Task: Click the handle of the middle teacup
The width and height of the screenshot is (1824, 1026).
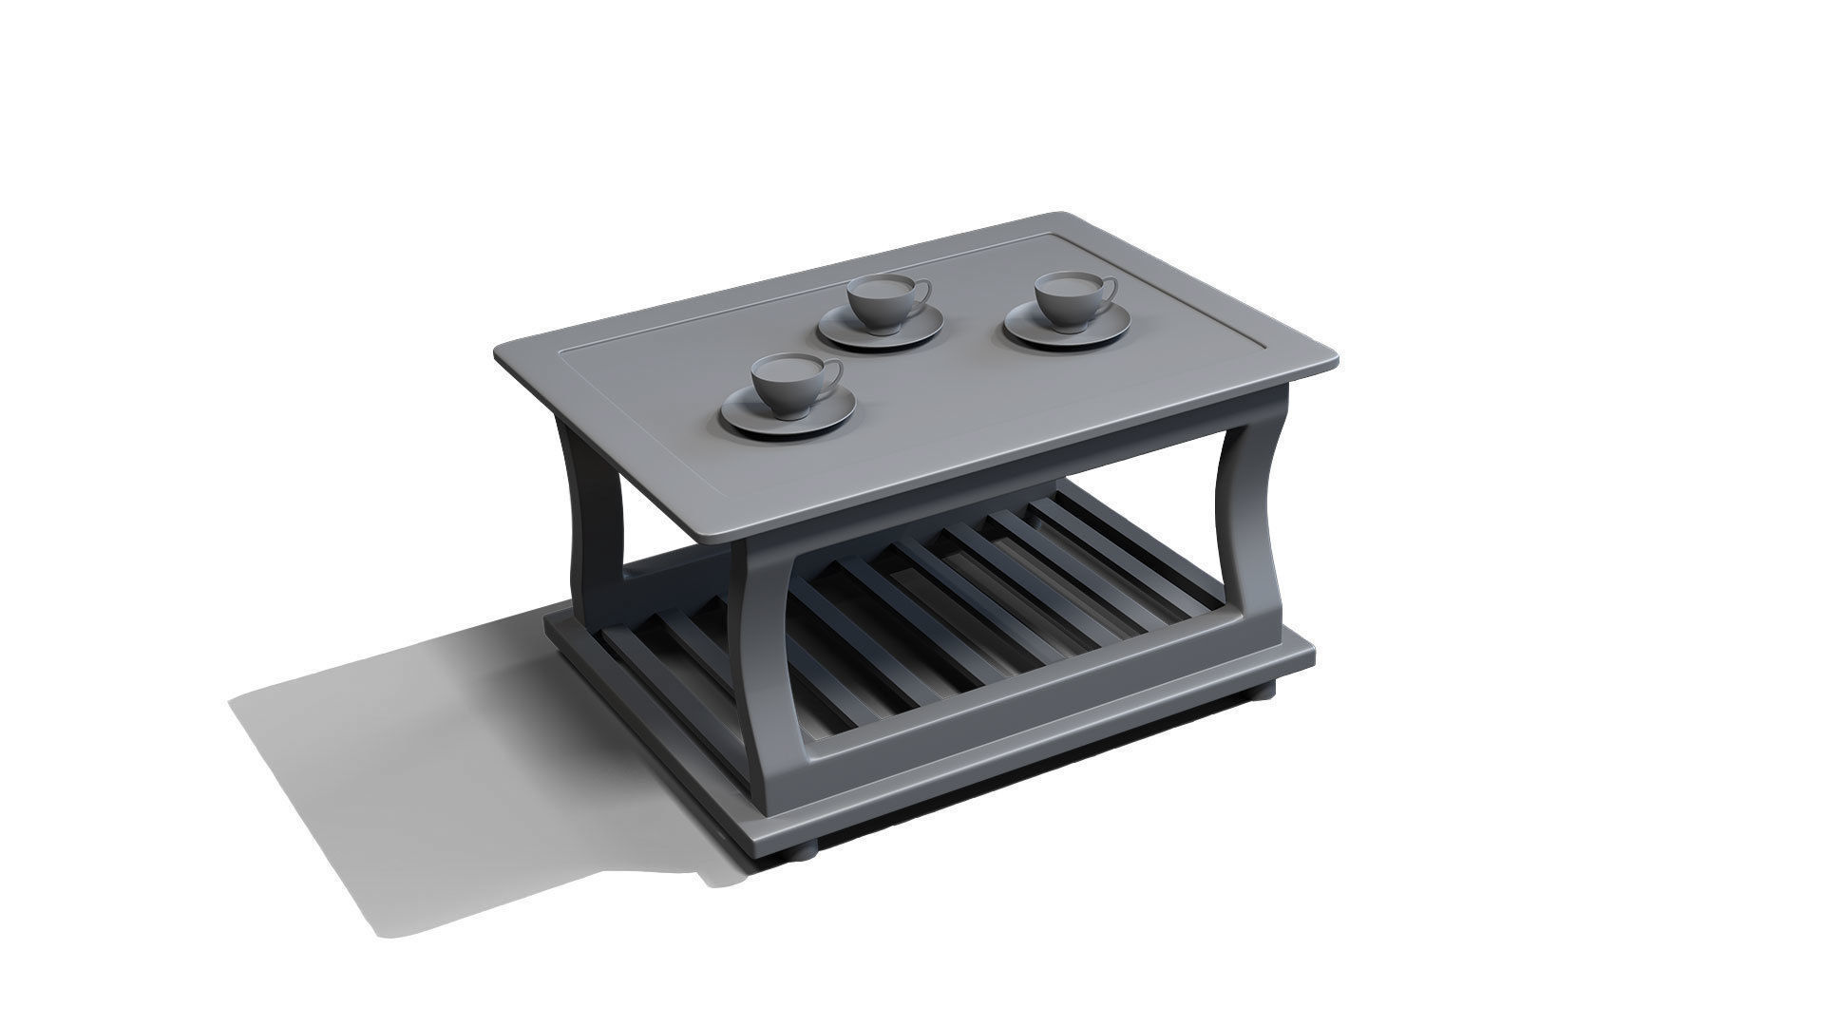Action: click(x=921, y=291)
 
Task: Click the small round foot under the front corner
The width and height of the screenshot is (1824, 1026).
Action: click(x=801, y=853)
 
